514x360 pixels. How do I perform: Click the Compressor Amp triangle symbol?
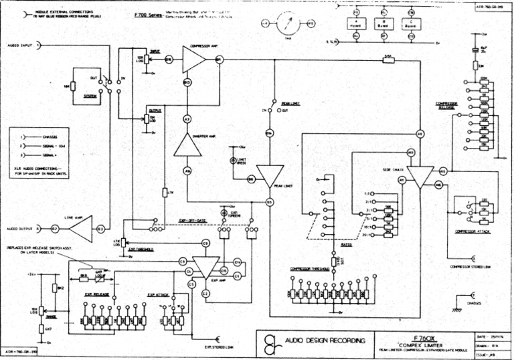(x=192, y=60)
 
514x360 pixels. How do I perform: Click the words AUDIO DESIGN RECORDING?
(x=325, y=341)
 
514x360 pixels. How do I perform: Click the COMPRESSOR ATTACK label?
(x=473, y=231)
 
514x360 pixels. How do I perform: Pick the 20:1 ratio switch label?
(x=366, y=235)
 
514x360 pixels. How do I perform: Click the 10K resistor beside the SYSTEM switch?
(x=67, y=86)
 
